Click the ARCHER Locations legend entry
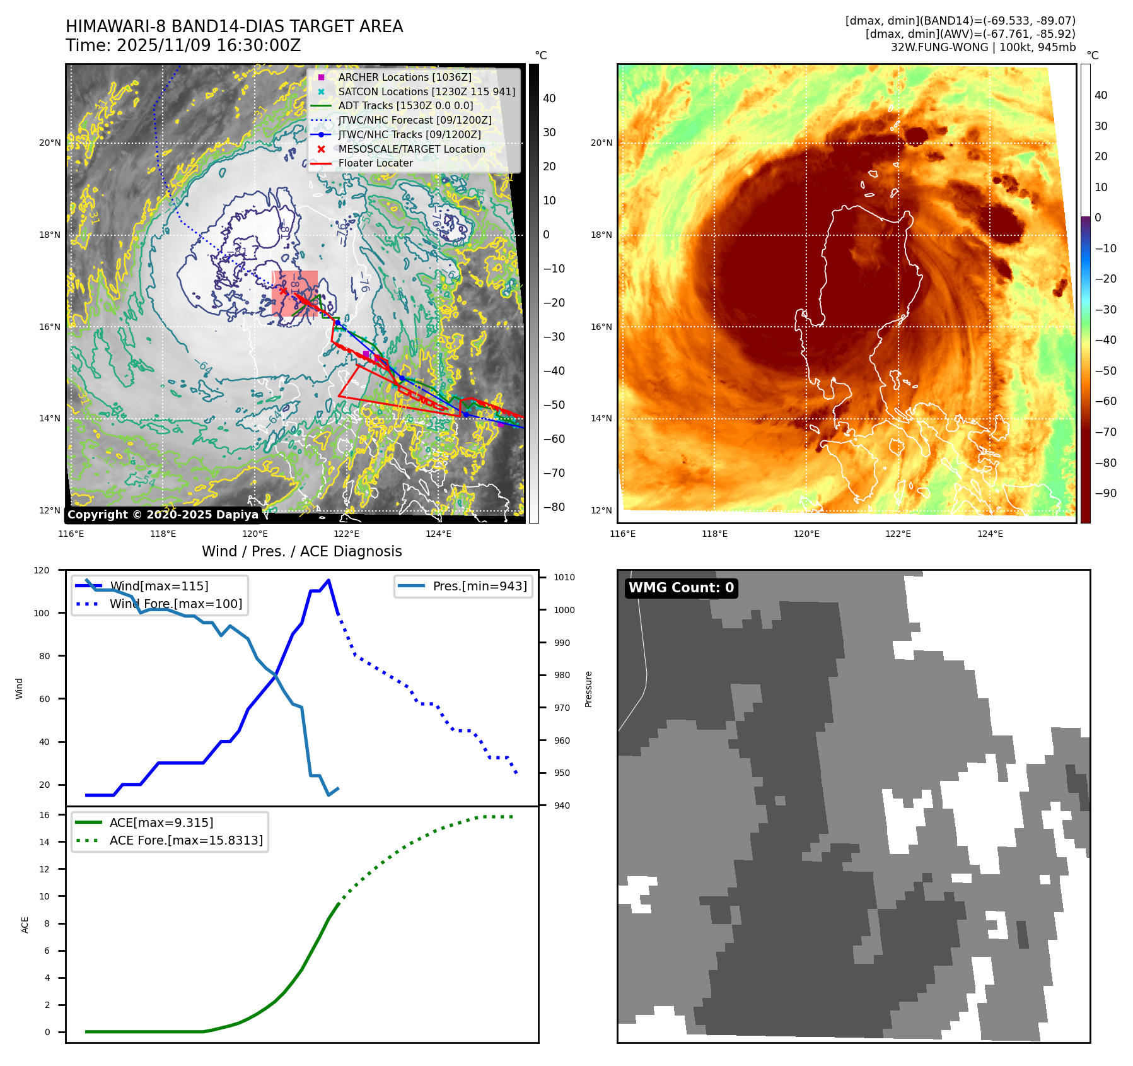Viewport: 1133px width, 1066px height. pyautogui.click(x=404, y=77)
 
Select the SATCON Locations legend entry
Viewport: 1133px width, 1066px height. pyautogui.click(x=426, y=91)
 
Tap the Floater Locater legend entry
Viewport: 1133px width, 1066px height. pyautogui.click(x=375, y=163)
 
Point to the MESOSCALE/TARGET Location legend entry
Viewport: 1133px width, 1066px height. pyautogui.click(x=411, y=149)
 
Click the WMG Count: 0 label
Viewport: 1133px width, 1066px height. pyautogui.click(x=681, y=588)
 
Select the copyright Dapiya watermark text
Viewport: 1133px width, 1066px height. pyautogui.click(x=163, y=515)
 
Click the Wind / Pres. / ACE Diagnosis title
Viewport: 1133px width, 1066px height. pyautogui.click(x=301, y=551)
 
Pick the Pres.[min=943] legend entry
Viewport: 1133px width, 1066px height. pyautogui.click(x=479, y=586)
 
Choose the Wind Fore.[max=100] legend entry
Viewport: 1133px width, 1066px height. pyautogui.click(x=175, y=604)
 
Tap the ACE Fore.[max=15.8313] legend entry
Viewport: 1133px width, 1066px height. pyautogui.click(x=186, y=840)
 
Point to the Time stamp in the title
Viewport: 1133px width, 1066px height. pyautogui.click(x=183, y=46)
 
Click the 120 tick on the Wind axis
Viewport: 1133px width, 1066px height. pyautogui.click(x=42, y=570)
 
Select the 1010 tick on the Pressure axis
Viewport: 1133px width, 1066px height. pyautogui.click(x=564, y=577)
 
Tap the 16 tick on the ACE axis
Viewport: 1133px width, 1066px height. pyautogui.click(x=44, y=815)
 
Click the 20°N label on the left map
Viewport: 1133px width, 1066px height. pyautogui.click(x=50, y=143)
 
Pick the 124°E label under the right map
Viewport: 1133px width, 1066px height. pyautogui.click(x=990, y=534)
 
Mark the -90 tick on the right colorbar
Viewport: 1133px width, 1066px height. pyautogui.click(x=1105, y=493)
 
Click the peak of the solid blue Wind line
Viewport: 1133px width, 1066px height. pyautogui.click(x=328, y=580)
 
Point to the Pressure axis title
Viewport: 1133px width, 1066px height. pyautogui.click(x=588, y=689)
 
